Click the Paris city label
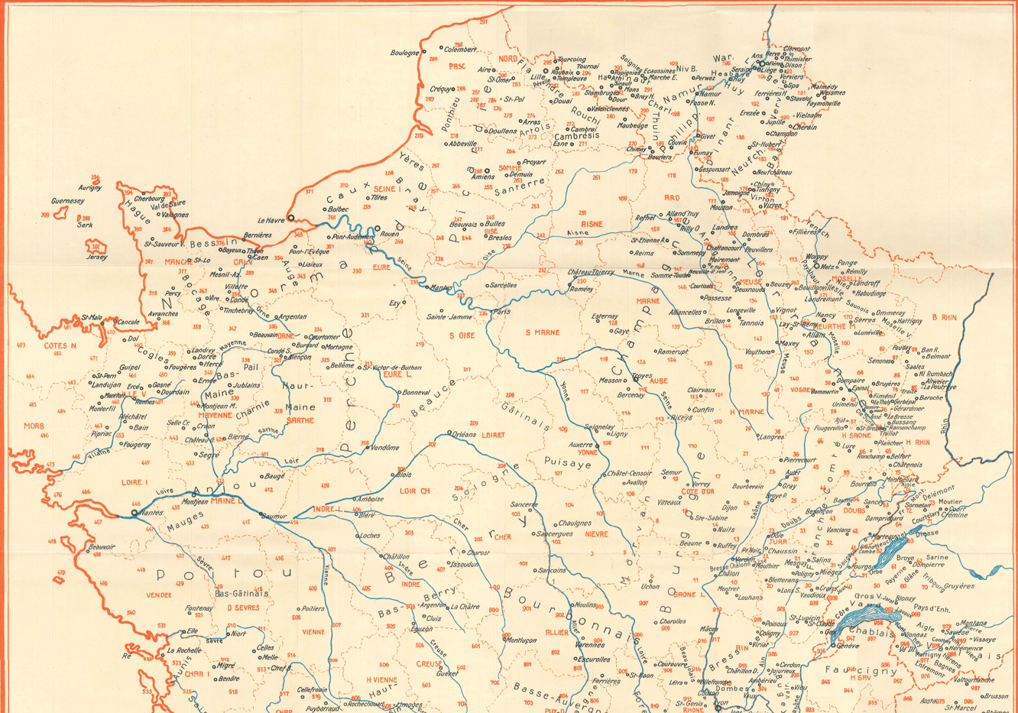pos(501,312)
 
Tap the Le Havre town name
pos(271,220)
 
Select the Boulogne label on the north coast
pos(404,53)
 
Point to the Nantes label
pos(151,513)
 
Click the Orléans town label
pos(465,434)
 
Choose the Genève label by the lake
pos(848,646)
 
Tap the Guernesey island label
pos(68,201)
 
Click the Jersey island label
pos(96,258)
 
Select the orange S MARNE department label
pos(543,332)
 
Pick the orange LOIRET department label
pos(493,435)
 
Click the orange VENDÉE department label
pos(159,595)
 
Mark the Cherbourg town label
pos(150,199)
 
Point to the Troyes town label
pos(642,377)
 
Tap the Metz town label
pos(827,267)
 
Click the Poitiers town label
pos(313,609)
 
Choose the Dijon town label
pos(730,507)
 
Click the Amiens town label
pos(483,177)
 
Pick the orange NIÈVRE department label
pos(596,534)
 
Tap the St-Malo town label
pos(92,317)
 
